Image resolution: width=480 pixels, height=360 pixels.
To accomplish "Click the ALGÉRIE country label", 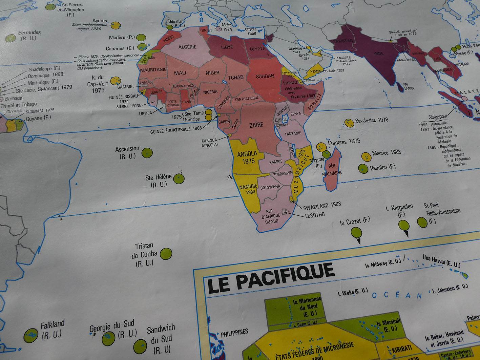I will (187, 47).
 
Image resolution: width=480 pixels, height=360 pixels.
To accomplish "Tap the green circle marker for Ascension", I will (147, 153).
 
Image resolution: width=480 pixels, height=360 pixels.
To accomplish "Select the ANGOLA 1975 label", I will (247, 157).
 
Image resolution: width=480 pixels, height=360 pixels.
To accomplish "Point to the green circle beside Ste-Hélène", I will (179, 178).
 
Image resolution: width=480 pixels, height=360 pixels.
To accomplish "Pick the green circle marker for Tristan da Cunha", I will (166, 254).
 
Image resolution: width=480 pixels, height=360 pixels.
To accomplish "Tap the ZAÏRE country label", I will (256, 125).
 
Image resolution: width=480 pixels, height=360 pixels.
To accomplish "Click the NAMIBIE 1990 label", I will (248, 189).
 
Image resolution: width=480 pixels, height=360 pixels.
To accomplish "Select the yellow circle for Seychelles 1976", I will (349, 123).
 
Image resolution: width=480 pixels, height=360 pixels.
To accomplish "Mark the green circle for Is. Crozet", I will (356, 233).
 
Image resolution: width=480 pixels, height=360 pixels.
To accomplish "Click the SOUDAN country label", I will (265, 76).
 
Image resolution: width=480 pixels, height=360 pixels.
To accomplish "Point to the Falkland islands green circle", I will (31, 336).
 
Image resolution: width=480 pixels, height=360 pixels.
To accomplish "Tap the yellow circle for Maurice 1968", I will (366, 157).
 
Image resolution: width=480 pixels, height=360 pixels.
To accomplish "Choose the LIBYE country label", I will (227, 47).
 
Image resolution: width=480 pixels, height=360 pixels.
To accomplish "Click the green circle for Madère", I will (141, 38).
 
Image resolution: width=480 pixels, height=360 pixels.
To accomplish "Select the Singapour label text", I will (438, 117).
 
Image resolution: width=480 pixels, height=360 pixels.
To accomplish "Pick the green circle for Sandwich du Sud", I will (140, 346).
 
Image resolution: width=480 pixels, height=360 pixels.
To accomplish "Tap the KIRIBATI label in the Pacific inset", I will (402, 348).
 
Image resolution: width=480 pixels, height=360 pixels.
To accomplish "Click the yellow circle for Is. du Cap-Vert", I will (116, 81).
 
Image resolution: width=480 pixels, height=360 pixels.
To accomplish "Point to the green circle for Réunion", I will (363, 168).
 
